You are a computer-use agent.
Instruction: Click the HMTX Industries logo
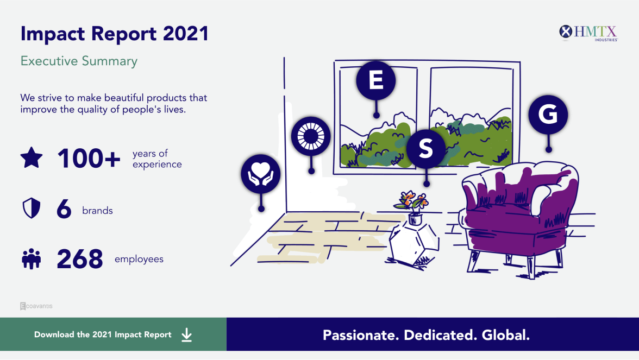pos(588,33)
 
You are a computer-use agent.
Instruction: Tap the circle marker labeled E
pos(376,80)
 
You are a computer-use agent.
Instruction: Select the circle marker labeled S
pos(426,149)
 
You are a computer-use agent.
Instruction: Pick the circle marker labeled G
pos(548,115)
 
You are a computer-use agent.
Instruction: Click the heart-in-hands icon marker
pos(261,174)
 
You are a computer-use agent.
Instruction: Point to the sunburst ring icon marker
pos(311,136)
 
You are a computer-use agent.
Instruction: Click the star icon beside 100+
pos(32,157)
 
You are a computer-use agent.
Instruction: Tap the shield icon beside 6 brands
pos(32,208)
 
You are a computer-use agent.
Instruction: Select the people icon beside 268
pos(32,259)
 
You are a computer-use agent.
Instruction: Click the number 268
pos(80,259)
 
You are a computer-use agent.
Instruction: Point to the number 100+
pos(89,159)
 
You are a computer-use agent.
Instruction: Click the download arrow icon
pos(187,334)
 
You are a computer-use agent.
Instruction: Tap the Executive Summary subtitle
pos(79,61)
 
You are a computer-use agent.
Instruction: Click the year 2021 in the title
pos(186,34)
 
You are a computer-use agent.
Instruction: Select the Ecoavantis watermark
pos(36,306)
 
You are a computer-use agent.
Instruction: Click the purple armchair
pos(519,216)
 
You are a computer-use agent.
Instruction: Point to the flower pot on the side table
pos(414,219)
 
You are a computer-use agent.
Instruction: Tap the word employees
pos(139,260)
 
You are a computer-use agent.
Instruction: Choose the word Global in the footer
pos(506,335)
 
